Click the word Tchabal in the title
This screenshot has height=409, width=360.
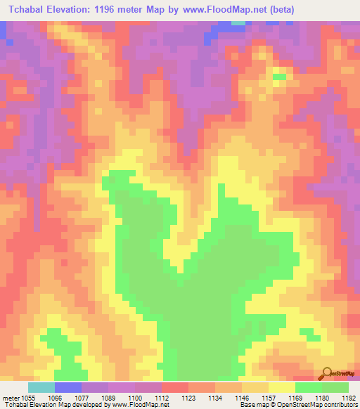click(x=27, y=10)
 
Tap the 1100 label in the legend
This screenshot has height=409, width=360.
click(x=136, y=397)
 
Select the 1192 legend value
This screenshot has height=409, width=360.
click(x=347, y=397)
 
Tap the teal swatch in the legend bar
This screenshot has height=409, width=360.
click(x=41, y=387)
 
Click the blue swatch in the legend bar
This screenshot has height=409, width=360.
click(x=68, y=387)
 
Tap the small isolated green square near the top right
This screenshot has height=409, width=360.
click(x=279, y=77)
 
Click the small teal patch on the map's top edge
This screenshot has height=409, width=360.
click(x=239, y=22)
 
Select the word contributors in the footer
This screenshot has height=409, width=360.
click(x=340, y=405)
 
